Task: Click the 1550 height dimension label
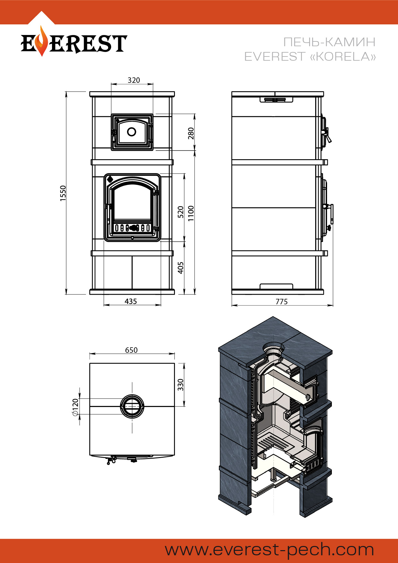click(x=63, y=193)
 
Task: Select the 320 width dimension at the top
click(x=134, y=80)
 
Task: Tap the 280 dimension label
click(x=191, y=133)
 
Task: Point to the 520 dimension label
click(x=181, y=212)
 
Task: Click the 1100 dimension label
click(x=191, y=213)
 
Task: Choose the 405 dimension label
click(x=181, y=268)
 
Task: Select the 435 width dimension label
click(x=131, y=301)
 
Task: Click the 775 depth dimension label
click(x=281, y=301)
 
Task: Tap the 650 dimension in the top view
click(x=131, y=350)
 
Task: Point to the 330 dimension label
click(x=181, y=385)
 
